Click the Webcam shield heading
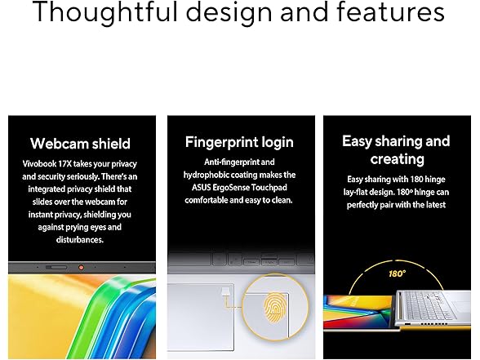pyautogui.click(x=80, y=144)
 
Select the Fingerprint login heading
pyautogui.click(x=239, y=143)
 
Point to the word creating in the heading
pyautogui.click(x=397, y=159)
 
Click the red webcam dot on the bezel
pyautogui.click(x=81, y=268)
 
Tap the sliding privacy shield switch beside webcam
pyautogui.click(x=56, y=268)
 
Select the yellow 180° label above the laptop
pyautogui.click(x=397, y=273)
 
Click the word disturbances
pyautogui.click(x=80, y=239)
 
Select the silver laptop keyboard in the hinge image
pyautogui.click(x=429, y=305)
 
